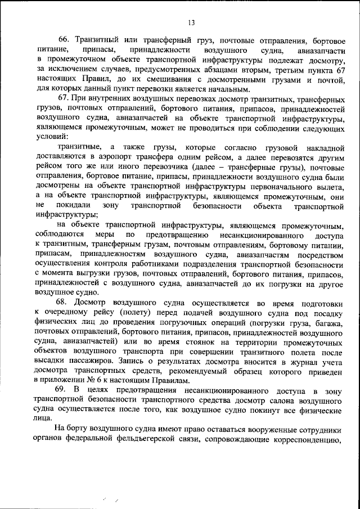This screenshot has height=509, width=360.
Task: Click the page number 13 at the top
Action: click(191, 22)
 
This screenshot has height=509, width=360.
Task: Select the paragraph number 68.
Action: click(63, 302)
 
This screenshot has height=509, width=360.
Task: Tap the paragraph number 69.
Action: click(63, 390)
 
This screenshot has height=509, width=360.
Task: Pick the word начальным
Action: click(229, 89)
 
